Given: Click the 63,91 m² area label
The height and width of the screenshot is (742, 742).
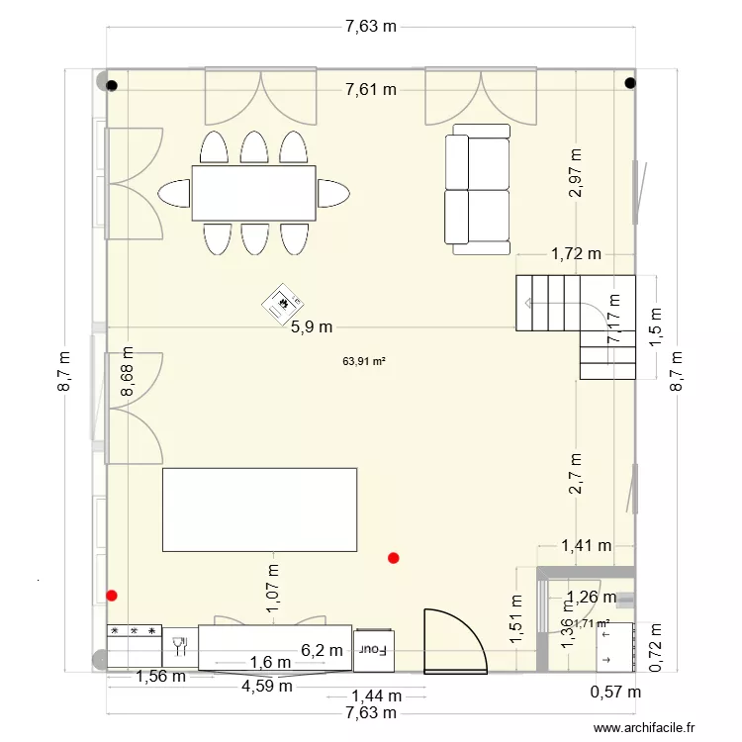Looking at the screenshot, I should click(x=363, y=362).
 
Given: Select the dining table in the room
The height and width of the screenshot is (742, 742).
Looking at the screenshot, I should click(x=253, y=193).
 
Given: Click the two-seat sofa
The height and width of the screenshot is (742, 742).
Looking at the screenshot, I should click(x=479, y=189).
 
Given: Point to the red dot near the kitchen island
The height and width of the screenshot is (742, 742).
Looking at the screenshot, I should click(x=394, y=558).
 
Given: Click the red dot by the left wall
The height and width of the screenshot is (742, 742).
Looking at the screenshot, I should click(x=111, y=596).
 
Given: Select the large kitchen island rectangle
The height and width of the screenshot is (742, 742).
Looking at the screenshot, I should click(x=259, y=510).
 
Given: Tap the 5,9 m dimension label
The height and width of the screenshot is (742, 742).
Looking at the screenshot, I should click(x=312, y=327).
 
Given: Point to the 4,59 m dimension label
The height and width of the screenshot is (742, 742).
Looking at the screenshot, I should click(x=269, y=686).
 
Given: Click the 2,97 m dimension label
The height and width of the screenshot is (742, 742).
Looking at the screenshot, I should click(x=576, y=173).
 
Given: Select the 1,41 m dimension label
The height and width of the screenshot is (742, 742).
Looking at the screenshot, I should click(x=586, y=545).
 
